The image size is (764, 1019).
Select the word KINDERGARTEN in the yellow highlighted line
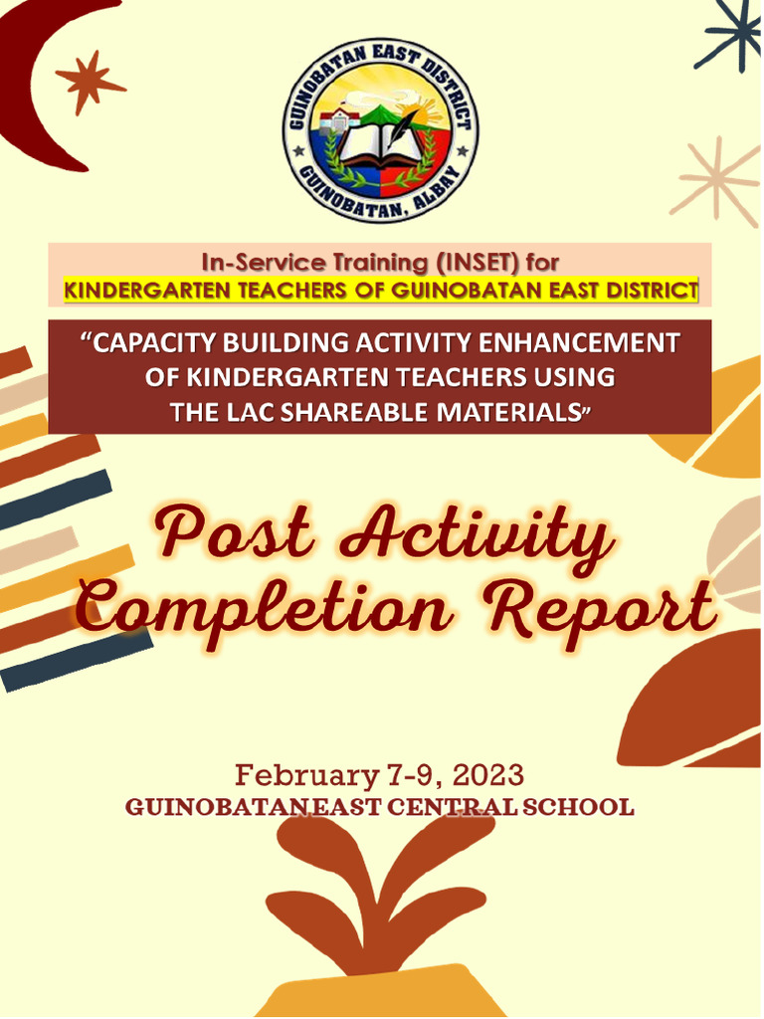click(x=140, y=291)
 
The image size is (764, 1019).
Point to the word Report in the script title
click(x=607, y=610)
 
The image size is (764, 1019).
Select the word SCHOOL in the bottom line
click(x=578, y=807)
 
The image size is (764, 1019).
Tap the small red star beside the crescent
click(x=89, y=81)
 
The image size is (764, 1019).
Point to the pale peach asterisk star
click(x=717, y=180)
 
